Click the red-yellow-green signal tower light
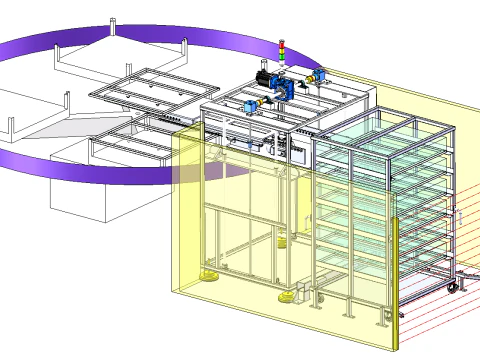[282, 51]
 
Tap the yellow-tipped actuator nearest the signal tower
[320, 75]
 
